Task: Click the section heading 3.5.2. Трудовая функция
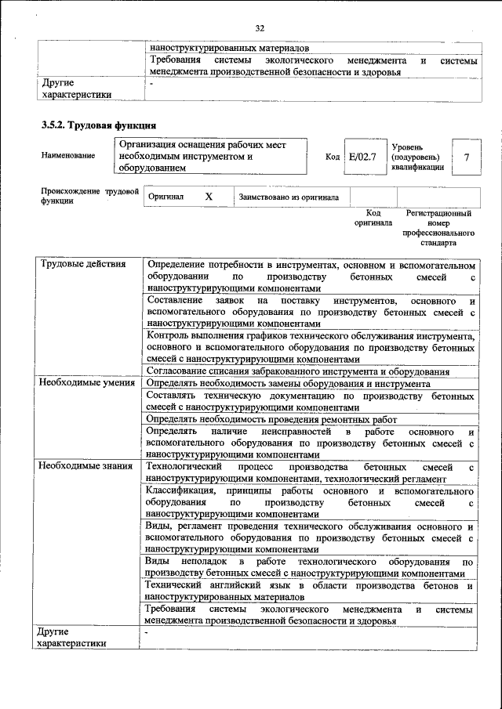99,125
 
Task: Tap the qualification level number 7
467,157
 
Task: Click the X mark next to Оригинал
209,197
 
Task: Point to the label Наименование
68,156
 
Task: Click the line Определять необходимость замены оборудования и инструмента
288,384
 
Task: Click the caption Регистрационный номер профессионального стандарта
438,228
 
